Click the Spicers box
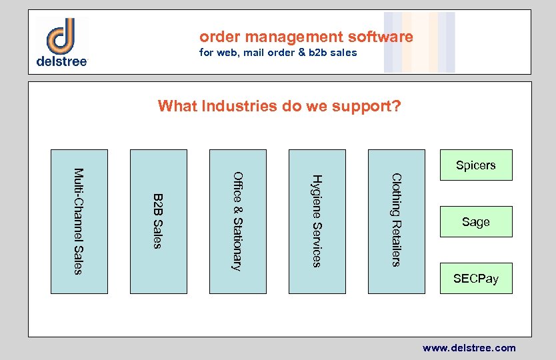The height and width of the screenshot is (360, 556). (x=475, y=165)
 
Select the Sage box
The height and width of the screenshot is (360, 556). (x=475, y=222)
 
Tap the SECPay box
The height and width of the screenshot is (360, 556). (x=475, y=278)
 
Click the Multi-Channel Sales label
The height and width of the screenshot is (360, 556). (x=79, y=221)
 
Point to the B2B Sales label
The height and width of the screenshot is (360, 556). (x=158, y=221)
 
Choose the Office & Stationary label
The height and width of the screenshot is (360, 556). (x=237, y=221)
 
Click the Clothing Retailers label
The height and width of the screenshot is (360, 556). (x=396, y=220)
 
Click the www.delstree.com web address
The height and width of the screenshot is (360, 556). (x=469, y=348)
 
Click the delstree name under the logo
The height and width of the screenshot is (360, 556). (x=61, y=61)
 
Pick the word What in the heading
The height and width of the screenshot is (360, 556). (x=177, y=106)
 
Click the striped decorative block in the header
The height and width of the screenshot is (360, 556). (x=419, y=42)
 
